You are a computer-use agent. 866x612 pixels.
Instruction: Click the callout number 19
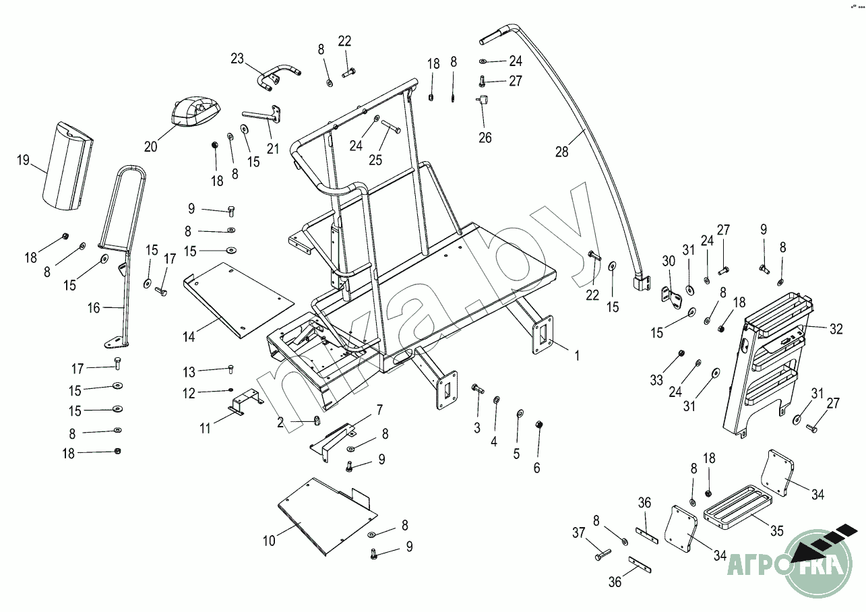24,160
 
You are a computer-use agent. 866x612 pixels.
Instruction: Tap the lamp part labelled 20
195,111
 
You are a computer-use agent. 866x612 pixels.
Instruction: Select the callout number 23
237,59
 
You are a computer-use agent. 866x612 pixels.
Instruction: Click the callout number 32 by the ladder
836,330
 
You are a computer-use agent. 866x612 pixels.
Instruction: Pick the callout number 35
776,531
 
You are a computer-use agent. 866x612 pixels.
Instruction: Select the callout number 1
576,353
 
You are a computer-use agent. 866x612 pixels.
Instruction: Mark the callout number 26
485,137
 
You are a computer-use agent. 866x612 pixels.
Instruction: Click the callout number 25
375,160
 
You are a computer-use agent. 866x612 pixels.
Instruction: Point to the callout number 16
94,308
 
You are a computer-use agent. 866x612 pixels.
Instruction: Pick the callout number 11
206,427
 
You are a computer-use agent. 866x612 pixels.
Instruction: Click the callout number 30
668,261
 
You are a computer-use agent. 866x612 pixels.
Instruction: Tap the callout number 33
657,381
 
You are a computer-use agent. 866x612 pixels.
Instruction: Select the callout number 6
536,468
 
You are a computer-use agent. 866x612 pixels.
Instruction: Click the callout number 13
189,371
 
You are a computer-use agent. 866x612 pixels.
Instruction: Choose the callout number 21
272,148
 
